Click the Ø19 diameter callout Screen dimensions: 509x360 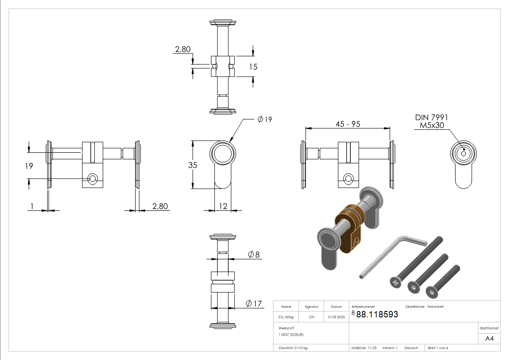pos(265,119)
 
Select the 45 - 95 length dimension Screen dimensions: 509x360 pos(348,124)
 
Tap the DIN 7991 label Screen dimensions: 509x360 pos(431,117)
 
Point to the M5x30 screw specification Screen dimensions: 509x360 pos(432,125)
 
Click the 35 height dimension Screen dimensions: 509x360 pos(193,165)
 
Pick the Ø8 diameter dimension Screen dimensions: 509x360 pos(253,254)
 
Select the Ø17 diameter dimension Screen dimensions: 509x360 pos(253,303)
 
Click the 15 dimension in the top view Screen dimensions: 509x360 pos(253,67)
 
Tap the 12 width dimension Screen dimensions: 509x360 pos(223,206)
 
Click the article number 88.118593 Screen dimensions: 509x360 pos(377,314)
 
